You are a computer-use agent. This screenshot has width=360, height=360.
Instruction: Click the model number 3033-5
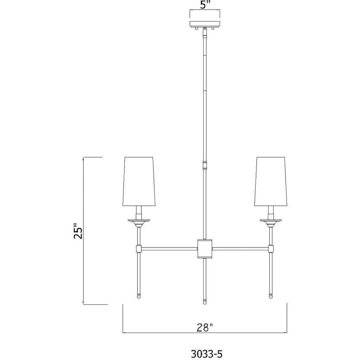[207, 354]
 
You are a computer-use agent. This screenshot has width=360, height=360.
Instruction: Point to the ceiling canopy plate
[205, 24]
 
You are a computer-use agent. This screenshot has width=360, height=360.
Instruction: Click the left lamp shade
[139, 181]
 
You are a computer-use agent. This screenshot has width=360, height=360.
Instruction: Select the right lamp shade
[271, 181]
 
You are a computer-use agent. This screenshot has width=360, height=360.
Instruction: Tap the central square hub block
[205, 249]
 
